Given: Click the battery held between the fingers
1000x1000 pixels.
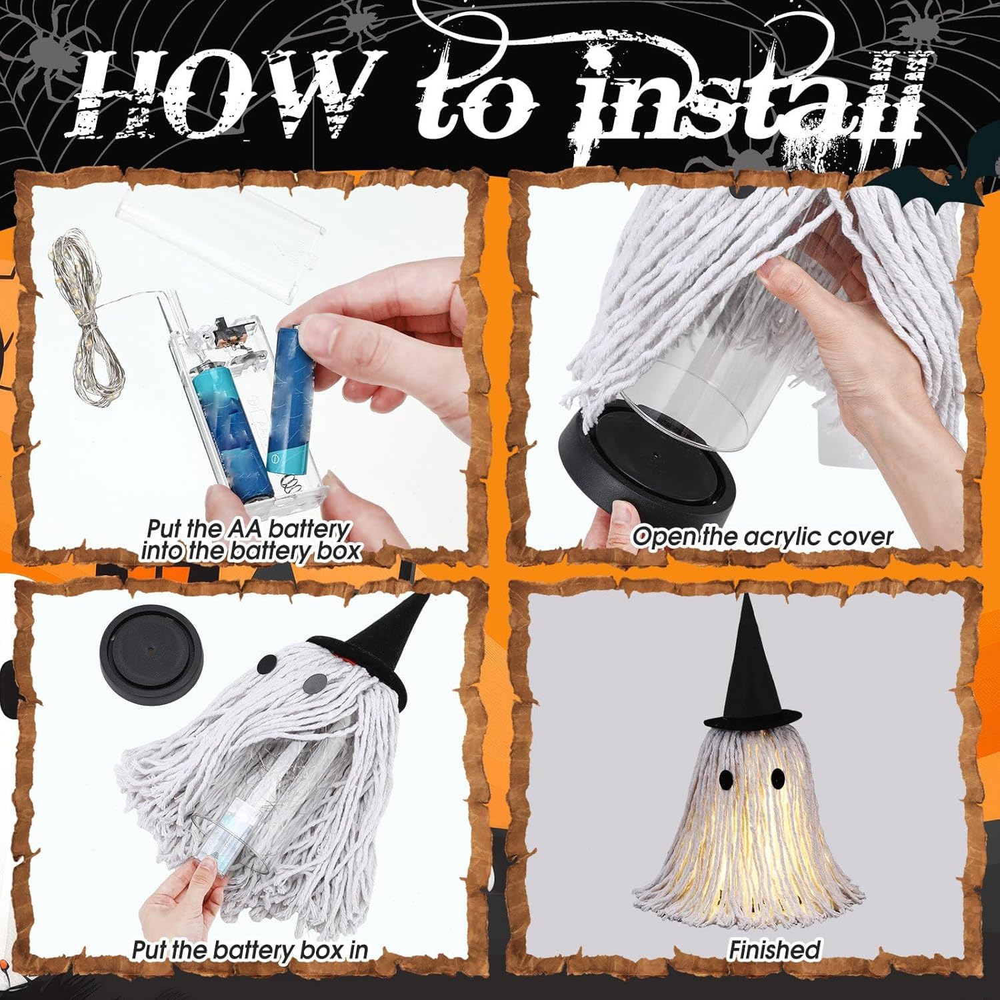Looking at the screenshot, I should click(288, 393).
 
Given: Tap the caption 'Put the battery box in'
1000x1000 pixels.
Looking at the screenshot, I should click(250, 949).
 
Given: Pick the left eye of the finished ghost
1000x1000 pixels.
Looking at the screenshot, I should click(726, 777).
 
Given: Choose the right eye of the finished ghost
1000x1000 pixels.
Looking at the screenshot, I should click(777, 777).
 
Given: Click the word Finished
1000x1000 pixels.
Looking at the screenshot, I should click(773, 949).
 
